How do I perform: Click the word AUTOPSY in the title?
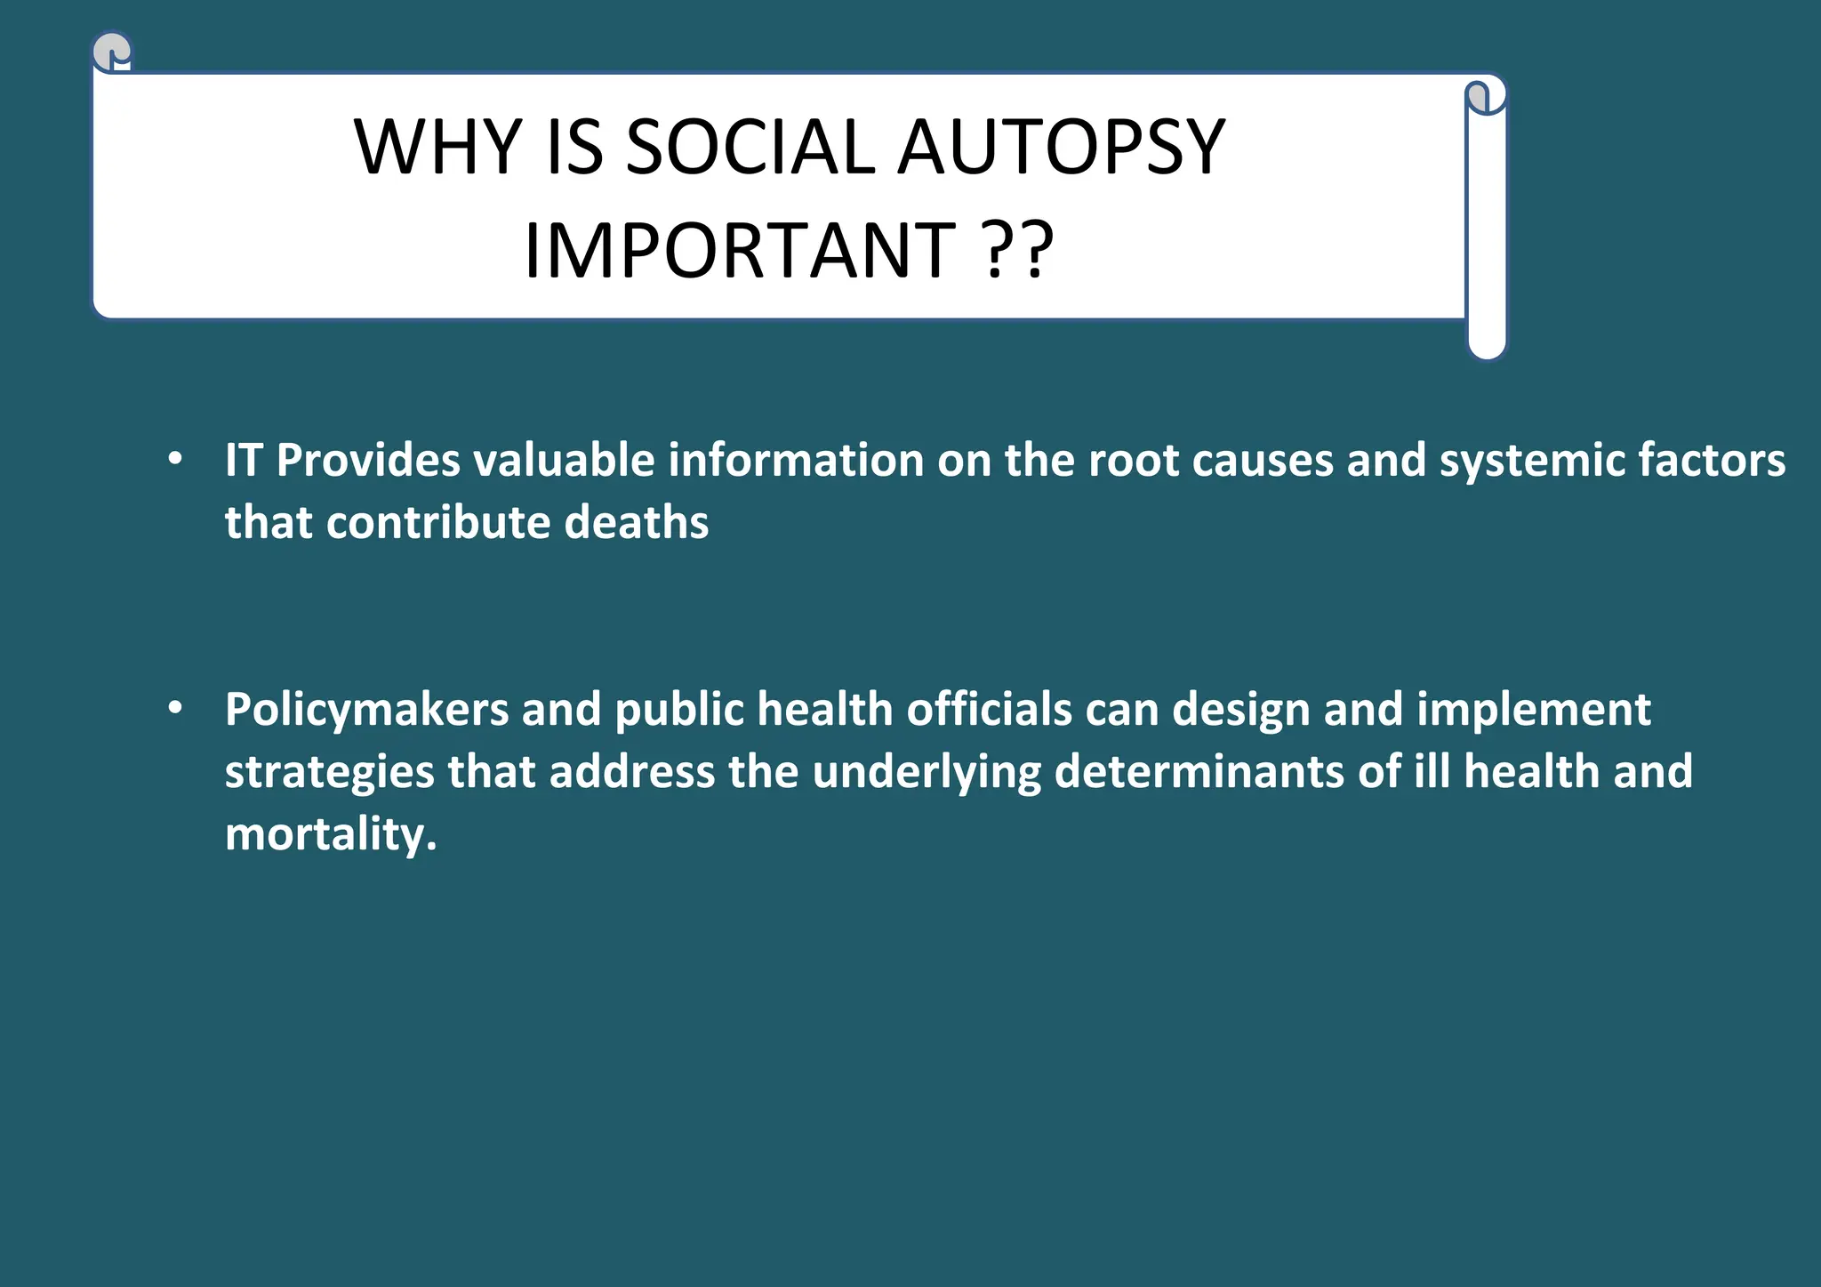1062,148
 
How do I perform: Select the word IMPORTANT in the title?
740,251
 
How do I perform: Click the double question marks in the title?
1020,251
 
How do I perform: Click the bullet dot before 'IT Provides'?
175,459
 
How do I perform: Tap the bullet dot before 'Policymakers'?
175,708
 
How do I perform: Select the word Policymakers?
366,711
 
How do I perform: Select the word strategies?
329,773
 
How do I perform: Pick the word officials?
990,710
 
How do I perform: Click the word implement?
1533,711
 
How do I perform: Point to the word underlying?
927,773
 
